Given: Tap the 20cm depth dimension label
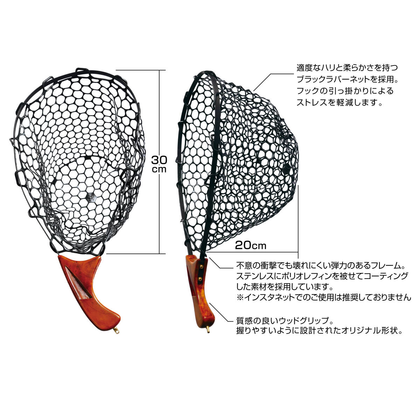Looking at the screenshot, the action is (x=251, y=246).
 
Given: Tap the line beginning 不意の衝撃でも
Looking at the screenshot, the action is (x=321, y=266).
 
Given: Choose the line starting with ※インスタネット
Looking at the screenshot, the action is (x=324, y=297).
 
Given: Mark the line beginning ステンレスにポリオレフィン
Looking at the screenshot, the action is (x=322, y=276).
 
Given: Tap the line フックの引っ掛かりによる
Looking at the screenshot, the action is (x=345, y=91).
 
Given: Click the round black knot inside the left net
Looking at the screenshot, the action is (x=90, y=197).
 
